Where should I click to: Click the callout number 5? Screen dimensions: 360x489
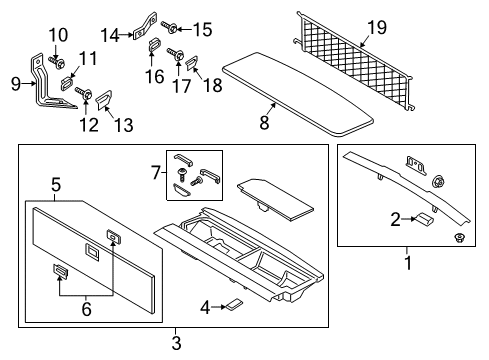(56, 183)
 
